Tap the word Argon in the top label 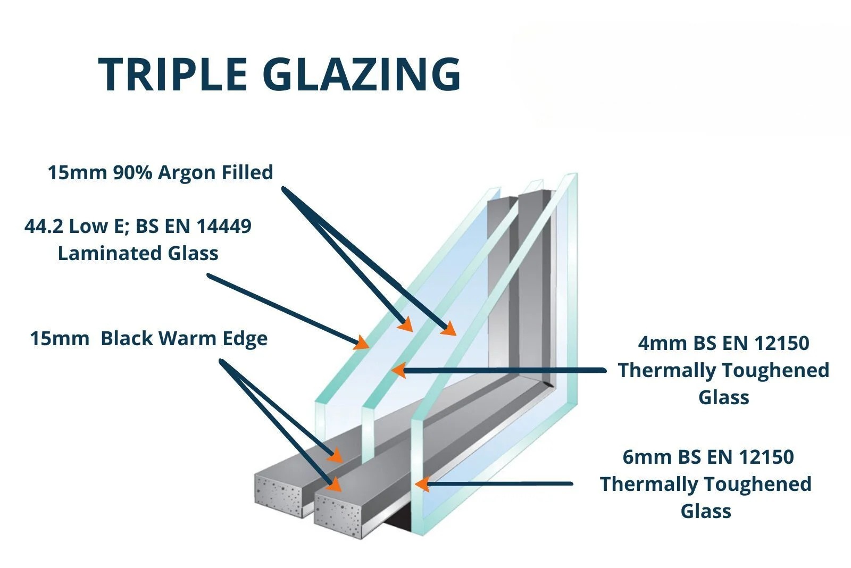point(183,173)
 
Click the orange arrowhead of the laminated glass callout point(362,342)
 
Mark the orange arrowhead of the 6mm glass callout point(422,484)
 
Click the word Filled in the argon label point(248,173)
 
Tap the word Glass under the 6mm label point(706,511)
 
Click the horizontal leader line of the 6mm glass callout point(505,484)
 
